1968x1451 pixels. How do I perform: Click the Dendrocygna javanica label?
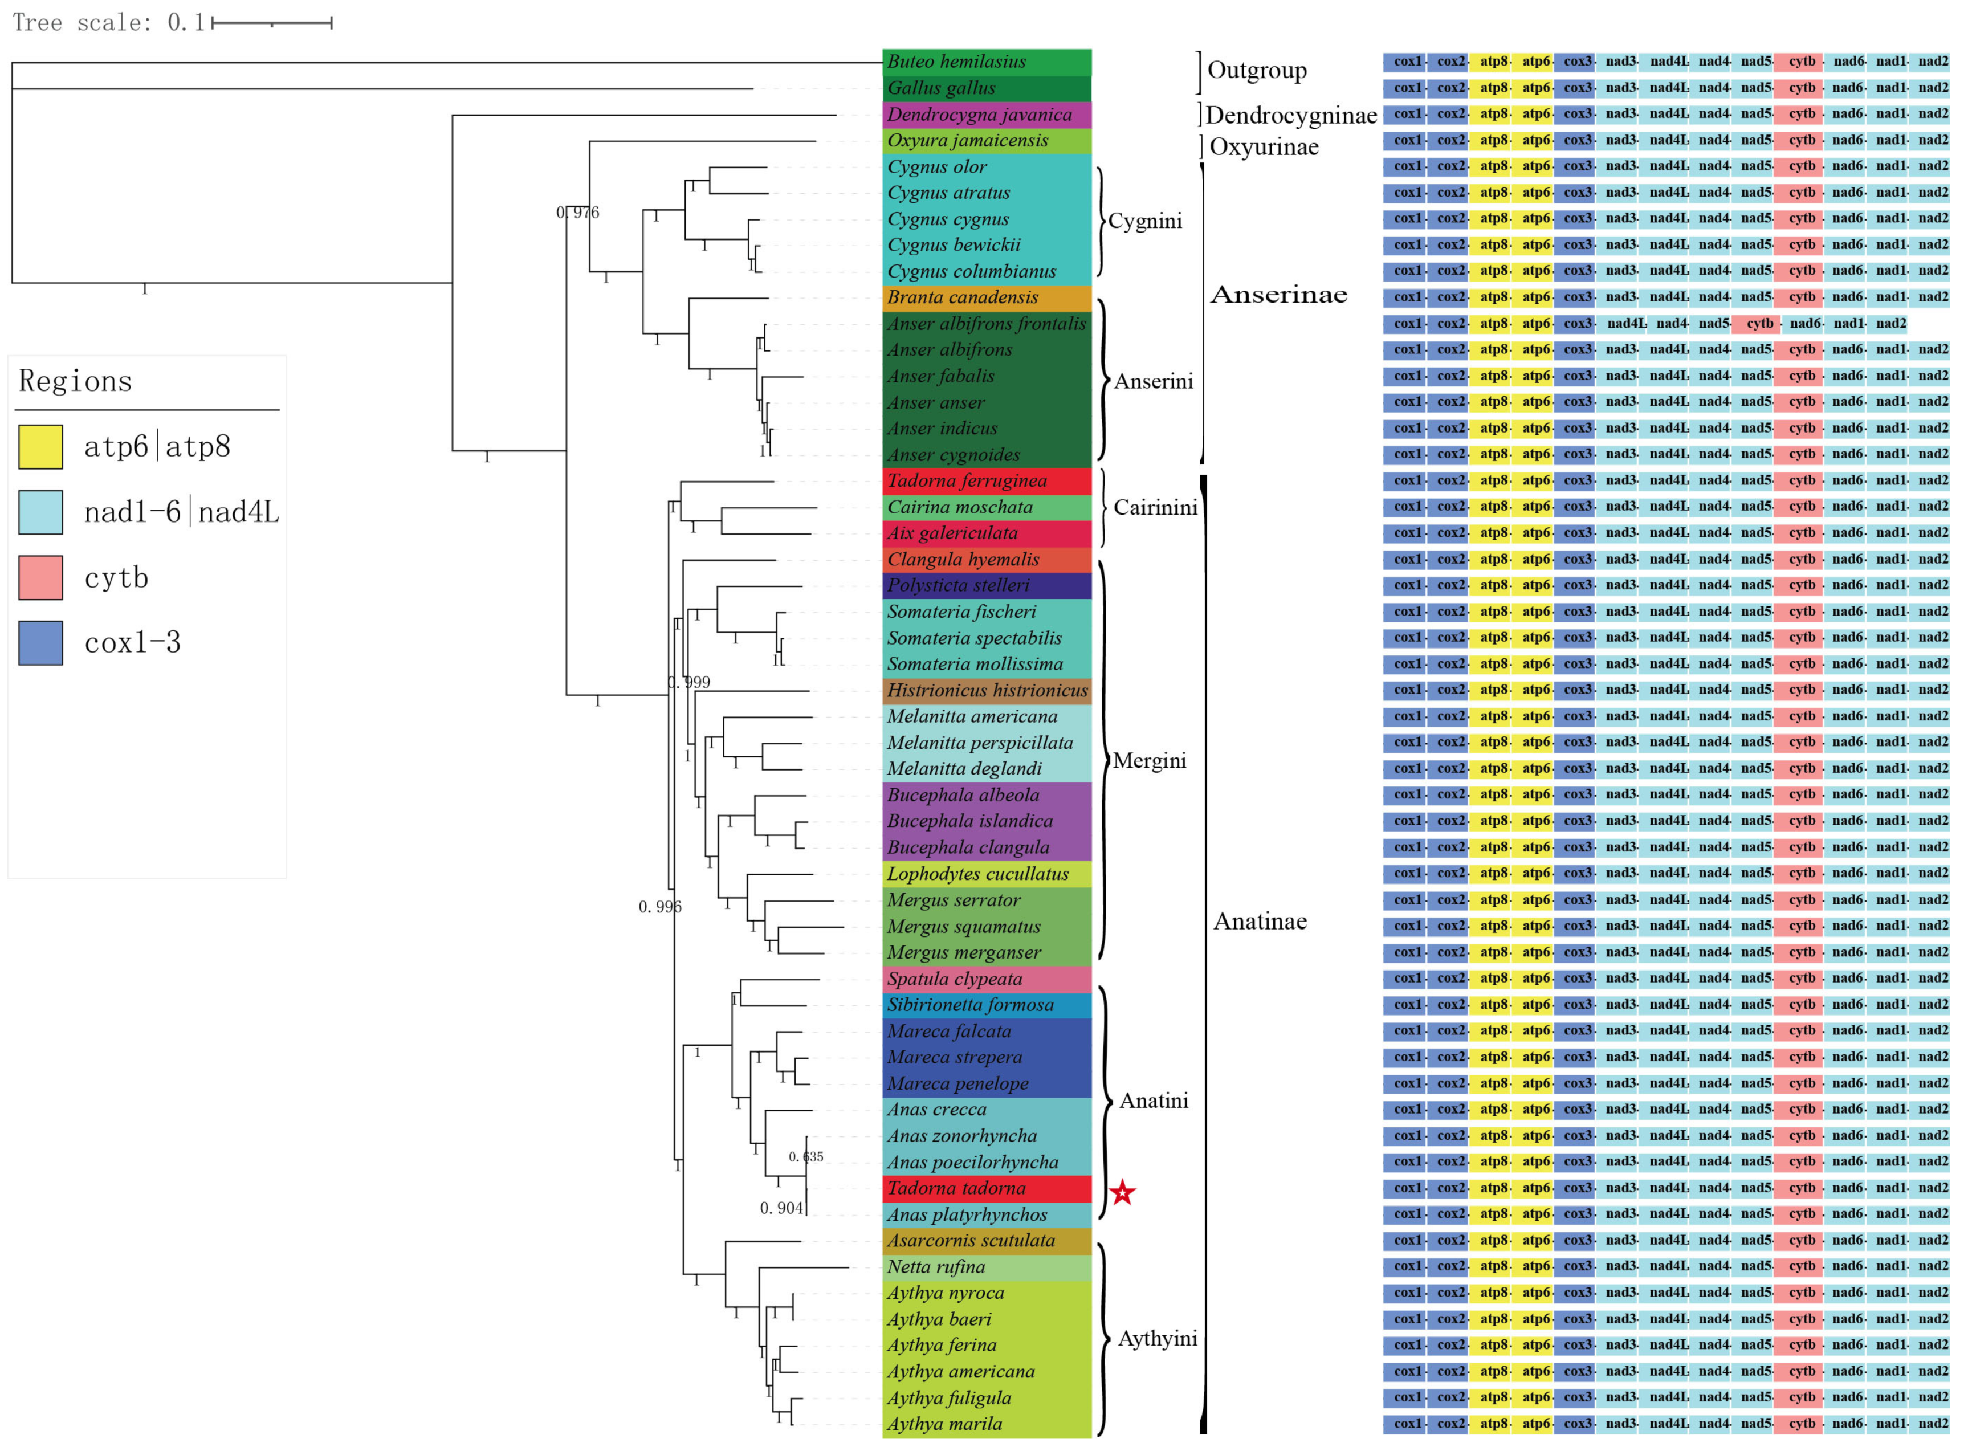point(978,114)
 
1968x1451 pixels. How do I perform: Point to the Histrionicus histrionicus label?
point(986,690)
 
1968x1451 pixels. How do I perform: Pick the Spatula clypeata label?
point(954,979)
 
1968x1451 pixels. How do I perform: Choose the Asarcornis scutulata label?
point(971,1240)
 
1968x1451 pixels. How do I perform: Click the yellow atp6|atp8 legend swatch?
point(40,446)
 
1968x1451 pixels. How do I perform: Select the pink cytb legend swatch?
point(40,577)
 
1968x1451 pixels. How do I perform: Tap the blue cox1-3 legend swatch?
point(40,642)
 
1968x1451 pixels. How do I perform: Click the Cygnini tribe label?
point(1144,221)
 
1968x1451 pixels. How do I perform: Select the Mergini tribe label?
point(1148,761)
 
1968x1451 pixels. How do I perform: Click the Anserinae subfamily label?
point(1278,294)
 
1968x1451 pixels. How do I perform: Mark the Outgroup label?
point(1257,70)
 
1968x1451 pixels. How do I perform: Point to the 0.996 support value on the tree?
point(659,906)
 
